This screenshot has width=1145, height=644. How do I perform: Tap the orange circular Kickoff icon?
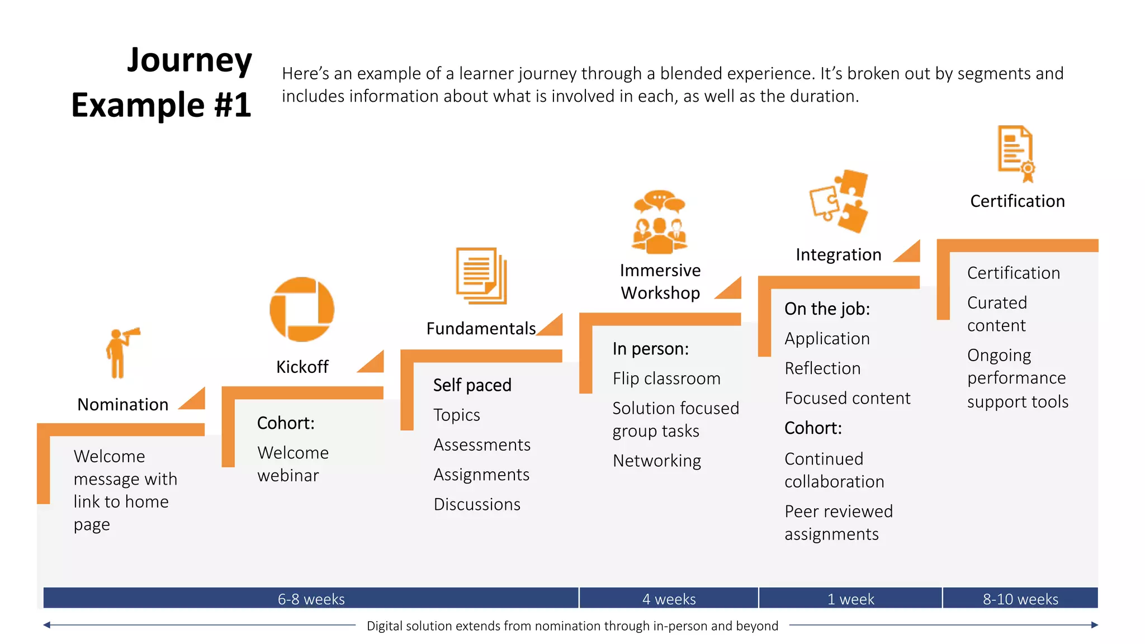(x=302, y=309)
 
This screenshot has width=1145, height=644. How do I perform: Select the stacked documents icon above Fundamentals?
(x=481, y=276)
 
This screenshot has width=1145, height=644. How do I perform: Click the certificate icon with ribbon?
(x=1016, y=154)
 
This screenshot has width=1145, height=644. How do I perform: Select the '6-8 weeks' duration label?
(x=311, y=599)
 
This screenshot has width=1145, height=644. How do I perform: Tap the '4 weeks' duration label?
(x=669, y=599)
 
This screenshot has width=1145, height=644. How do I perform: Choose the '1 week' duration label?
(x=850, y=599)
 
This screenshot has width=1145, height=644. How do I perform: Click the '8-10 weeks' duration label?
(x=1020, y=599)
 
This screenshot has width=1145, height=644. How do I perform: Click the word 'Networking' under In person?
(x=656, y=461)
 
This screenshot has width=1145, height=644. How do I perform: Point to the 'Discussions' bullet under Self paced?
(x=477, y=504)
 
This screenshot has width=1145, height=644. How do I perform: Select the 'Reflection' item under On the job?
(x=822, y=368)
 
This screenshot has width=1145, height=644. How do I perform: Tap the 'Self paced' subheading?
(x=472, y=385)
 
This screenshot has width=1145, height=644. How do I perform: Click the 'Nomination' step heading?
(x=122, y=404)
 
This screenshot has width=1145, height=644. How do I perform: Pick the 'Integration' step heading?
(x=838, y=255)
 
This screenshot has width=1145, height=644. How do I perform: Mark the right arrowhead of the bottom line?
(x=1094, y=625)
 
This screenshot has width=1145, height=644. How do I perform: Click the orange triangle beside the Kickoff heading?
(x=374, y=363)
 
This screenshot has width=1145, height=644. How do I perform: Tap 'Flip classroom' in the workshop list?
(x=666, y=378)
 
